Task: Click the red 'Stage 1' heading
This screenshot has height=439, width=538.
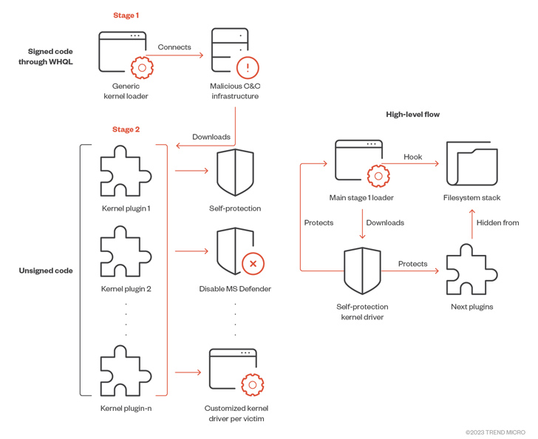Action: click(126, 16)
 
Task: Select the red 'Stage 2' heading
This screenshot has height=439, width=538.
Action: click(126, 129)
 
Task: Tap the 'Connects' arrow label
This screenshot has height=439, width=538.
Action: click(174, 47)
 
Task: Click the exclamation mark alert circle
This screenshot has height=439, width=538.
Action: click(248, 67)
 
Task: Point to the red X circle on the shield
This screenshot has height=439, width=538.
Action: click(253, 264)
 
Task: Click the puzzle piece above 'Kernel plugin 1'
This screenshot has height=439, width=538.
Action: click(126, 171)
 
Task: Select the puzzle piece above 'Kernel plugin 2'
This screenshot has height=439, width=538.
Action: click(126, 251)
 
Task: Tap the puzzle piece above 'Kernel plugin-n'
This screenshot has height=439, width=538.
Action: click(126, 371)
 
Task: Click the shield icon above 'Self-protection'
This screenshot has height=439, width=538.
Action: click(235, 172)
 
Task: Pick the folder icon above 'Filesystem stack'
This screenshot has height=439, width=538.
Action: click(471, 164)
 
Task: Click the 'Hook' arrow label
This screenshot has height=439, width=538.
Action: click(413, 157)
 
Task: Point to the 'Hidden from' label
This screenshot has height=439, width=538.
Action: click(497, 222)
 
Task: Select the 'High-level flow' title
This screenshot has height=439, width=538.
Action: click(413, 115)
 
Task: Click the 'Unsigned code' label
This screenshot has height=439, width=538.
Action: click(46, 270)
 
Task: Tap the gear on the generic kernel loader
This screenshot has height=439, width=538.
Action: click(142, 67)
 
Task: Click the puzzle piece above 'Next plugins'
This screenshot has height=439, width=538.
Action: click(471, 270)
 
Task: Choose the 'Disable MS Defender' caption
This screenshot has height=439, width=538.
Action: click(235, 289)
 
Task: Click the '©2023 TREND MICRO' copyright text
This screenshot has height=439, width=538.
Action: click(495, 432)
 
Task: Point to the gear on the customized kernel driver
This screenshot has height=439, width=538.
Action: click(253, 385)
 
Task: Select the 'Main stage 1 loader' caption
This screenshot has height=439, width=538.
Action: click(361, 198)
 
